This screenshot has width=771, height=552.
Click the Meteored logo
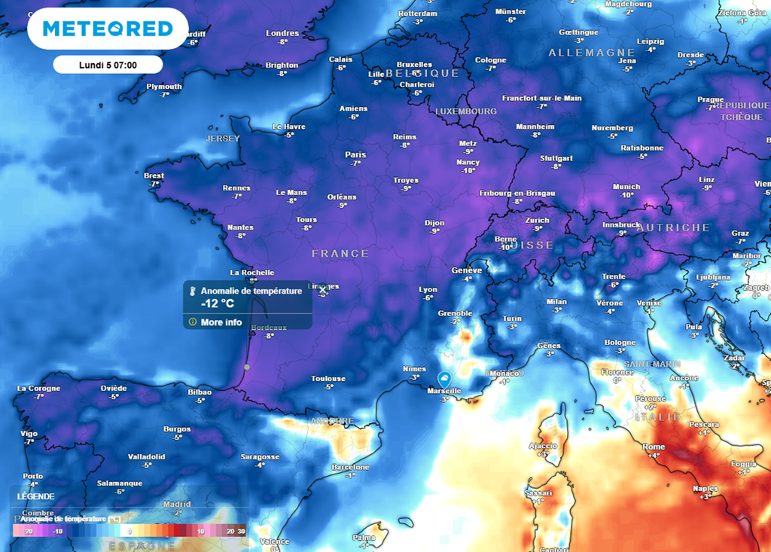pyautogui.click(x=108, y=29)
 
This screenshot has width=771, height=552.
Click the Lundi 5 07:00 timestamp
pyautogui.click(x=108, y=65)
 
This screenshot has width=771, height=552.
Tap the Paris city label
pyautogui.click(x=355, y=154)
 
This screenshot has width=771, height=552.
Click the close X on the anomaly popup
pyautogui.click(x=323, y=290)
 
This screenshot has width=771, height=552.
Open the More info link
pyautogui.click(x=221, y=322)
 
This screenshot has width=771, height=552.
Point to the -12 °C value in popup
pyautogui.click(x=218, y=303)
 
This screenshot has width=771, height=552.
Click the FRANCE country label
pyautogui.click(x=340, y=254)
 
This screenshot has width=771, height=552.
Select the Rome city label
pyautogui.click(x=654, y=447)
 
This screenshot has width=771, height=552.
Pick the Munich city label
pyautogui.click(x=626, y=187)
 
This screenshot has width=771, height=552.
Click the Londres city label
pyautogui.click(x=282, y=33)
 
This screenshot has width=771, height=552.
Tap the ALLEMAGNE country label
pyautogui.click(x=591, y=53)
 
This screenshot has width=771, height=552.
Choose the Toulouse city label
pyautogui.click(x=329, y=378)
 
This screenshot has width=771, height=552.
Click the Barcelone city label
pyautogui.click(x=350, y=467)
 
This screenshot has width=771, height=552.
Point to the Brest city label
pyautogui.click(x=154, y=175)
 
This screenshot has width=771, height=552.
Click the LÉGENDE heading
pyautogui.click(x=36, y=497)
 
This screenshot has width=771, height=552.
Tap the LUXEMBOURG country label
pyautogui.click(x=465, y=111)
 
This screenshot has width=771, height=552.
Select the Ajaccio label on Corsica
pyautogui.click(x=543, y=446)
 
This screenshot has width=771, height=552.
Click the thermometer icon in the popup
pyautogui.click(x=193, y=291)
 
